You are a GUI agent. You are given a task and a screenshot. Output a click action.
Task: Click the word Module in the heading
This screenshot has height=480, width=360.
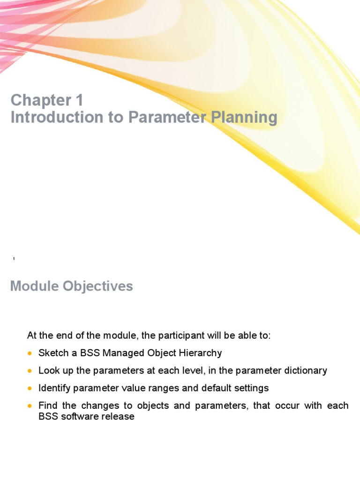point(32,286)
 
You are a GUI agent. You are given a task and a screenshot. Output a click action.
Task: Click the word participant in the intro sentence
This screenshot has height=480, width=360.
point(180,336)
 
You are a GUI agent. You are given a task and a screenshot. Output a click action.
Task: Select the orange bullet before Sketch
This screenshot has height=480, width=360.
point(30,353)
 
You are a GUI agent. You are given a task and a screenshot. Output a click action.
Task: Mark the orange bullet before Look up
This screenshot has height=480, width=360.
point(30,371)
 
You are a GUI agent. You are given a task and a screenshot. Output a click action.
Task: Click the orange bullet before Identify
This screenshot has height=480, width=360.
point(30,388)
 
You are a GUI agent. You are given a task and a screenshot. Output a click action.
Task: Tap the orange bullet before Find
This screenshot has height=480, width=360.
point(30,406)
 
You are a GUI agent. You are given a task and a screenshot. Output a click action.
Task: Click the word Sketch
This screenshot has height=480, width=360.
point(52,353)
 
